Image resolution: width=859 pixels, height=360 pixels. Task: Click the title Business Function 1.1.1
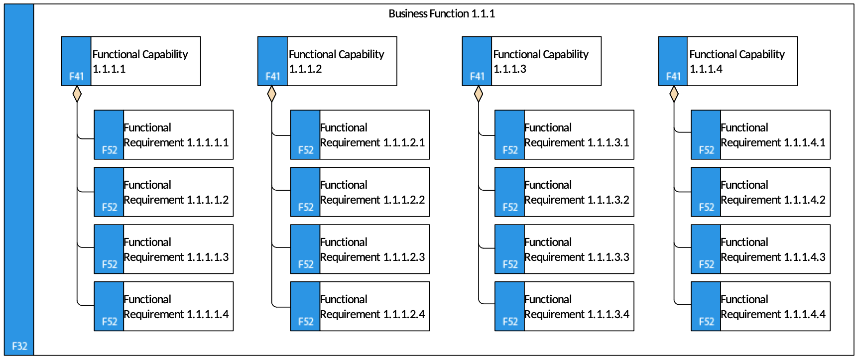tap(442, 14)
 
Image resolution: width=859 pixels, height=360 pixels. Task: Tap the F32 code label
tap(19, 346)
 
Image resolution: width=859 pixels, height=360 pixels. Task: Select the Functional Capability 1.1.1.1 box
tap(131, 61)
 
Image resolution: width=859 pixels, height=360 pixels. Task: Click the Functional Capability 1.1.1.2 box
tap(327, 61)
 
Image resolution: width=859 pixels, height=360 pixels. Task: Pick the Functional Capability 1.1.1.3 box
tap(531, 61)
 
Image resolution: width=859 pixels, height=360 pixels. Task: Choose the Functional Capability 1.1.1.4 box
tap(728, 61)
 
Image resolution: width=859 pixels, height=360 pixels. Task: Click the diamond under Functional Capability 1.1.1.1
tap(77, 94)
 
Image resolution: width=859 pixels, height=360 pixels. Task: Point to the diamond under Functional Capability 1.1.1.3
tap(479, 94)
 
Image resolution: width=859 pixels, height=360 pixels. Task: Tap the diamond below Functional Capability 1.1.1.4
tap(674, 94)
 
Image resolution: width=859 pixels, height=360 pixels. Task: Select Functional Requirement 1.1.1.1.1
tap(163, 135)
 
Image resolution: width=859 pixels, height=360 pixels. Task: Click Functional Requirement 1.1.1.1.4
tap(163, 307)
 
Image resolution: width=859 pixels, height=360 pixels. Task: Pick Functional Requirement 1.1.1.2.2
tap(360, 192)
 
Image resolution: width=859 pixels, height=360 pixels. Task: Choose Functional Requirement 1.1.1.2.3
tap(360, 249)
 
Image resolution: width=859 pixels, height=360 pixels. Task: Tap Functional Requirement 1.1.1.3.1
tap(564, 135)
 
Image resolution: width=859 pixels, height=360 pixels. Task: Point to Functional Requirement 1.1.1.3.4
tap(564, 307)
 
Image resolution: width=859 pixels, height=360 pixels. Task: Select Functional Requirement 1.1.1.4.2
tap(760, 192)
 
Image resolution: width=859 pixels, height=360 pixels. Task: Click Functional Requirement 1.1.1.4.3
tap(760, 249)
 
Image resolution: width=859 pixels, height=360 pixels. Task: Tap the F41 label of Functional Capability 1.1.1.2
tap(273, 77)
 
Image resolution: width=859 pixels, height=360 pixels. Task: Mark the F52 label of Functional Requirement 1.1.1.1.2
tap(110, 208)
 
